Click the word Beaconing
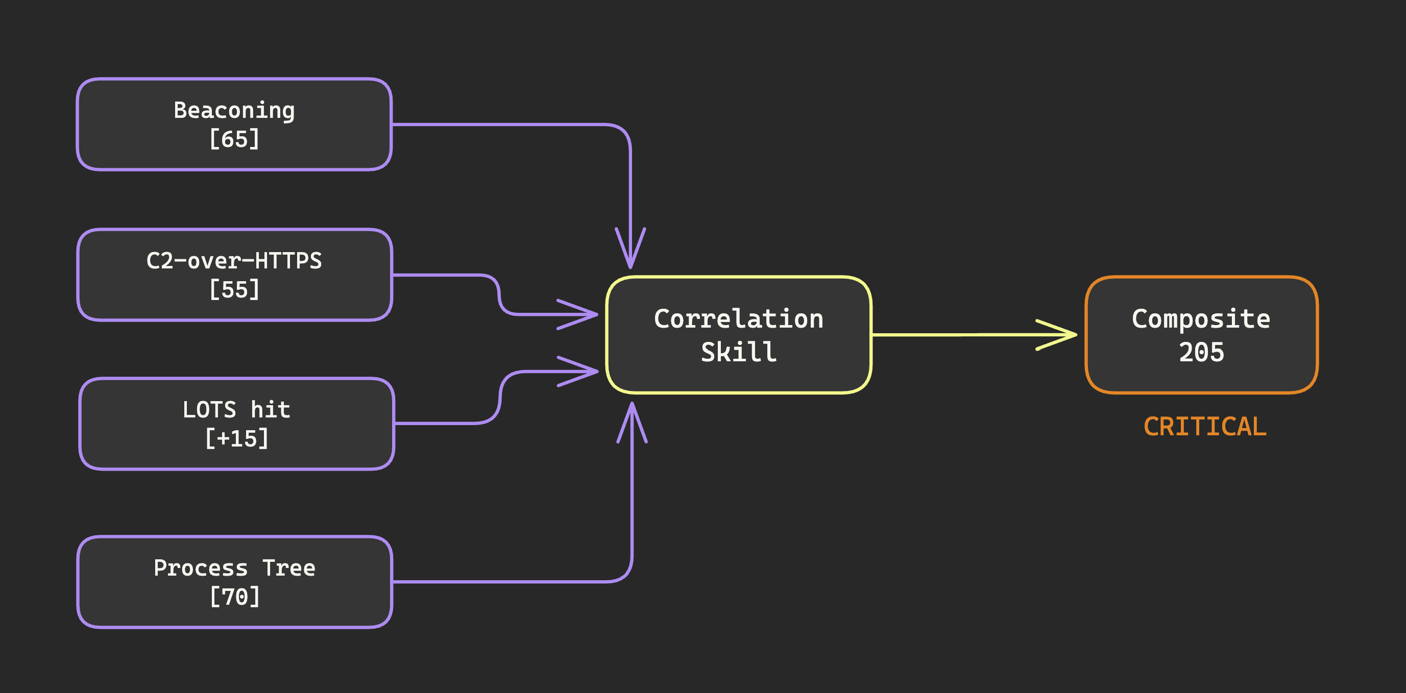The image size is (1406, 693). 234,111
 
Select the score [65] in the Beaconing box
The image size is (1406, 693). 234,139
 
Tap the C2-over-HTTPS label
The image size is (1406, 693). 234,261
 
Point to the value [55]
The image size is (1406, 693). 234,290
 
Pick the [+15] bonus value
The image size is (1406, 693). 236,439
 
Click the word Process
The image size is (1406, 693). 200,568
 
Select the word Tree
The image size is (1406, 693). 289,568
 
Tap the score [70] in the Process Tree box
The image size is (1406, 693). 235,597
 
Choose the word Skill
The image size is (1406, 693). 738,352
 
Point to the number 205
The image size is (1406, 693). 1201,353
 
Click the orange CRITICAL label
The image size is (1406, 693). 1205,427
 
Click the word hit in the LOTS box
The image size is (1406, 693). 270,410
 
